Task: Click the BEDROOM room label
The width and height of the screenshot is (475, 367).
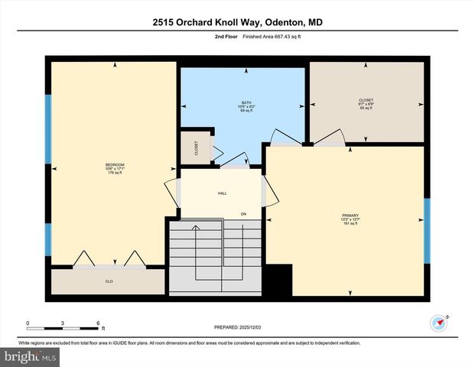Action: (115, 164)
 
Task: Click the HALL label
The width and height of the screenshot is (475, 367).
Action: (222, 193)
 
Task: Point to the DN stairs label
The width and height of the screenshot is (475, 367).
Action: (243, 213)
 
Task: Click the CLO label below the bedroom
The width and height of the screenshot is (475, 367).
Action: (109, 281)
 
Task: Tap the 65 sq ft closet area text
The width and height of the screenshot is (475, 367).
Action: (366, 108)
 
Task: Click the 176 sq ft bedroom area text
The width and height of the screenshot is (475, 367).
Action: (115, 173)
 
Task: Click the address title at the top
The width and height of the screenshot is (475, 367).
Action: (237, 23)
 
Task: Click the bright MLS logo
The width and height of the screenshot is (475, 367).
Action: (29, 356)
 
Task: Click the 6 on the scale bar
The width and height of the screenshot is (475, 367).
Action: (99, 323)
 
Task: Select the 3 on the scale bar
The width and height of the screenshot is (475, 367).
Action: (63, 323)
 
